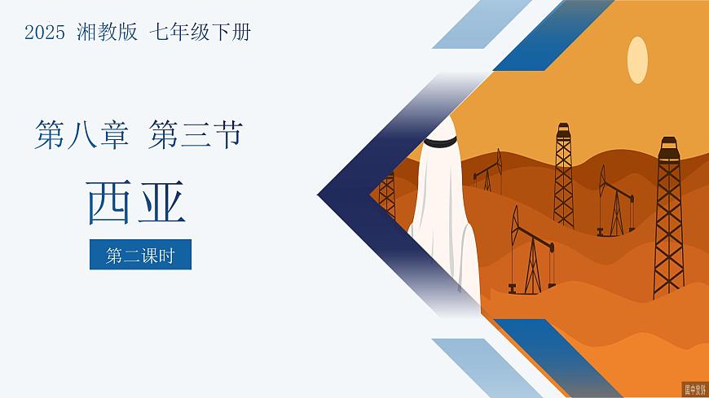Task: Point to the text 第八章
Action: click(x=81, y=134)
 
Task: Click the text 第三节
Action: click(x=196, y=134)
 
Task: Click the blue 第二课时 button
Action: click(x=140, y=255)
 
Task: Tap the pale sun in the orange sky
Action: click(x=637, y=59)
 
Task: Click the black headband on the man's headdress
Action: click(x=441, y=142)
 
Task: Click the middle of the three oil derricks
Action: click(x=563, y=175)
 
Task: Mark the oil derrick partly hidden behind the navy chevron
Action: click(x=386, y=195)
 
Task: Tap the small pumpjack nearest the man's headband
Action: click(x=488, y=172)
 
